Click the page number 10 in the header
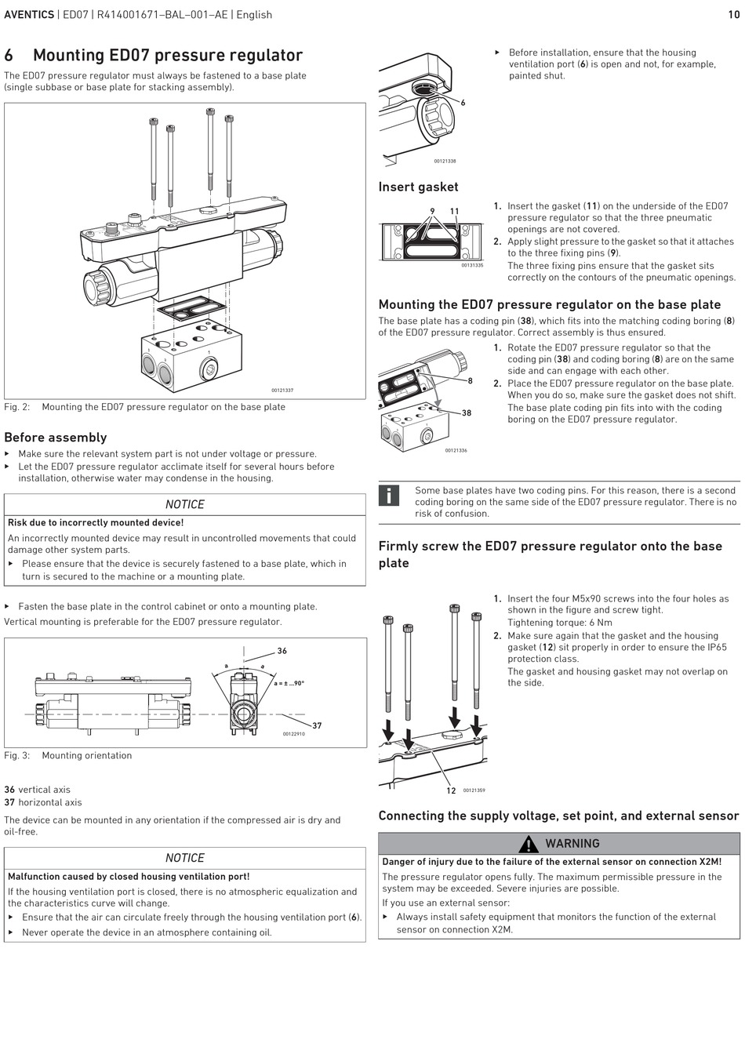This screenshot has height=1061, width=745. pos(733,15)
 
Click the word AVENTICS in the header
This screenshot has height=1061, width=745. pos(29,15)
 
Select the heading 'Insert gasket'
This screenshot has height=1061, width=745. pos(418,187)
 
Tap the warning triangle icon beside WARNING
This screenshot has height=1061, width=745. pos(529,844)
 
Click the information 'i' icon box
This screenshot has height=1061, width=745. pos(389,496)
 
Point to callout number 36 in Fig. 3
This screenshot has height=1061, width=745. pos(282,651)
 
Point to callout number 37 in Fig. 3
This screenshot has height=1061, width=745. pos(318,726)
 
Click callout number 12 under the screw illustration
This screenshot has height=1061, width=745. pos(451,790)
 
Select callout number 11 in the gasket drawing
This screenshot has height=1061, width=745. pos(455,212)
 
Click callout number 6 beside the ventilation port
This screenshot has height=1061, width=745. pos(463,103)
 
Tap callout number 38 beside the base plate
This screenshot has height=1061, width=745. pos(467,413)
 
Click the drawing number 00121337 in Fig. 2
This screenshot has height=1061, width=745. pos(282,391)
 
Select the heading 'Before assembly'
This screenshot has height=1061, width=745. pos(55,438)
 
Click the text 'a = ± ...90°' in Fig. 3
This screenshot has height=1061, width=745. pos(289,683)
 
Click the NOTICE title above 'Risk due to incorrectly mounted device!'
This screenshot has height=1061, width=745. pos(184,504)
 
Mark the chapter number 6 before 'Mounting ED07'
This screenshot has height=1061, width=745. pos(9,56)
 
